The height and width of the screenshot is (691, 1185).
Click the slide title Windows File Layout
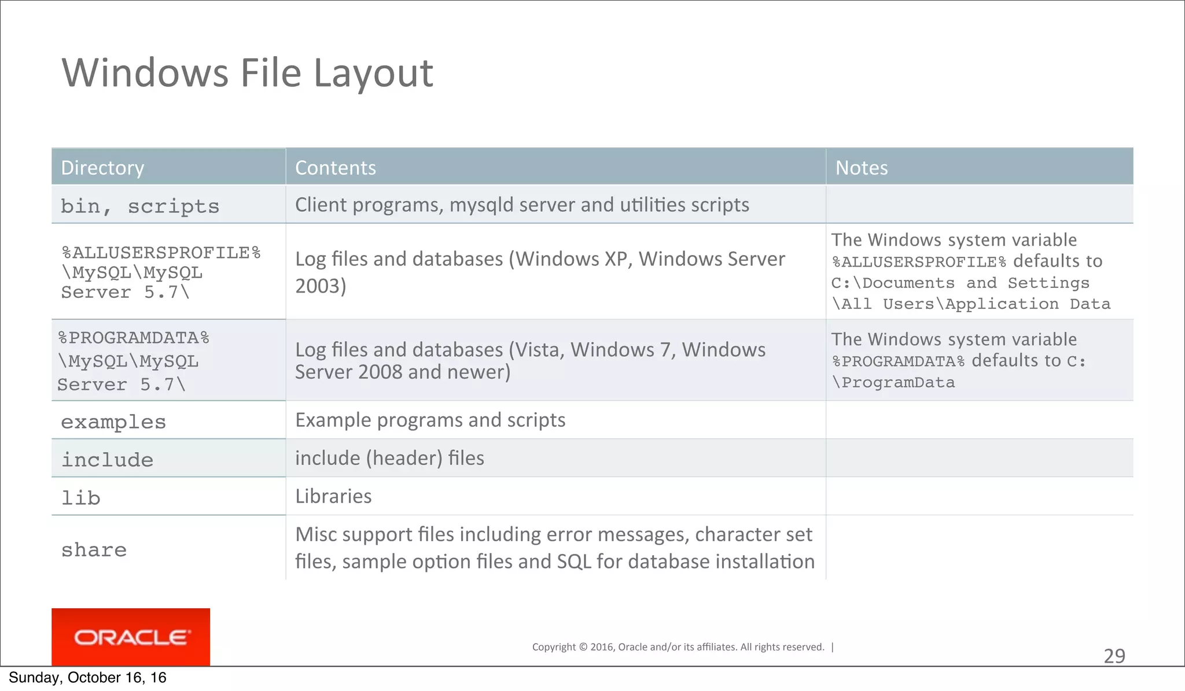(x=247, y=73)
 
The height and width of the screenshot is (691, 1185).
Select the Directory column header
(x=102, y=168)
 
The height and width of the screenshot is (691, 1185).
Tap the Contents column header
(x=335, y=168)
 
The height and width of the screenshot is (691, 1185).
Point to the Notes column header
(x=861, y=168)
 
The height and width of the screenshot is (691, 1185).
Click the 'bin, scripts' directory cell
(x=140, y=206)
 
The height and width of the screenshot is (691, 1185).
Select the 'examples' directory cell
(x=113, y=422)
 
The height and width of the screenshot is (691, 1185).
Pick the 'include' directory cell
(x=108, y=460)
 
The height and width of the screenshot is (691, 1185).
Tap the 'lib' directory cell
(x=81, y=498)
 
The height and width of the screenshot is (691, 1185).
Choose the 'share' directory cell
(x=94, y=550)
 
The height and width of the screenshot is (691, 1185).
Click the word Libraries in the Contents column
(x=333, y=496)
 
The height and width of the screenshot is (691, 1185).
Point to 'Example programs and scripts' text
(x=430, y=420)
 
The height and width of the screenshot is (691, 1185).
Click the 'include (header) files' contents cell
(x=389, y=458)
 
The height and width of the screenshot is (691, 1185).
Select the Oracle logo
(x=131, y=637)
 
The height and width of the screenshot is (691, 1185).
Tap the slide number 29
(x=1114, y=656)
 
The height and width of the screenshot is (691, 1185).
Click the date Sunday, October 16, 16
(x=87, y=678)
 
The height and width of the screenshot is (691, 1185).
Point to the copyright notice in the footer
(x=678, y=647)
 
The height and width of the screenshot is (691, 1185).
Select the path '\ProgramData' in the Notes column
(x=893, y=383)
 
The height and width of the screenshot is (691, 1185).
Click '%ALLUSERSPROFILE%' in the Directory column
(x=161, y=253)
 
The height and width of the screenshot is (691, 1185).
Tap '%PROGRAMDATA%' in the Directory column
(x=134, y=338)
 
